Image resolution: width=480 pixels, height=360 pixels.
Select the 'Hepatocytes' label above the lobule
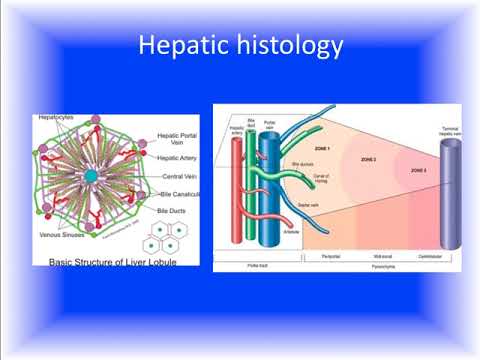(x=59, y=118)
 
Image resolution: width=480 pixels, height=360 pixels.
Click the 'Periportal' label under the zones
(x=329, y=256)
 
